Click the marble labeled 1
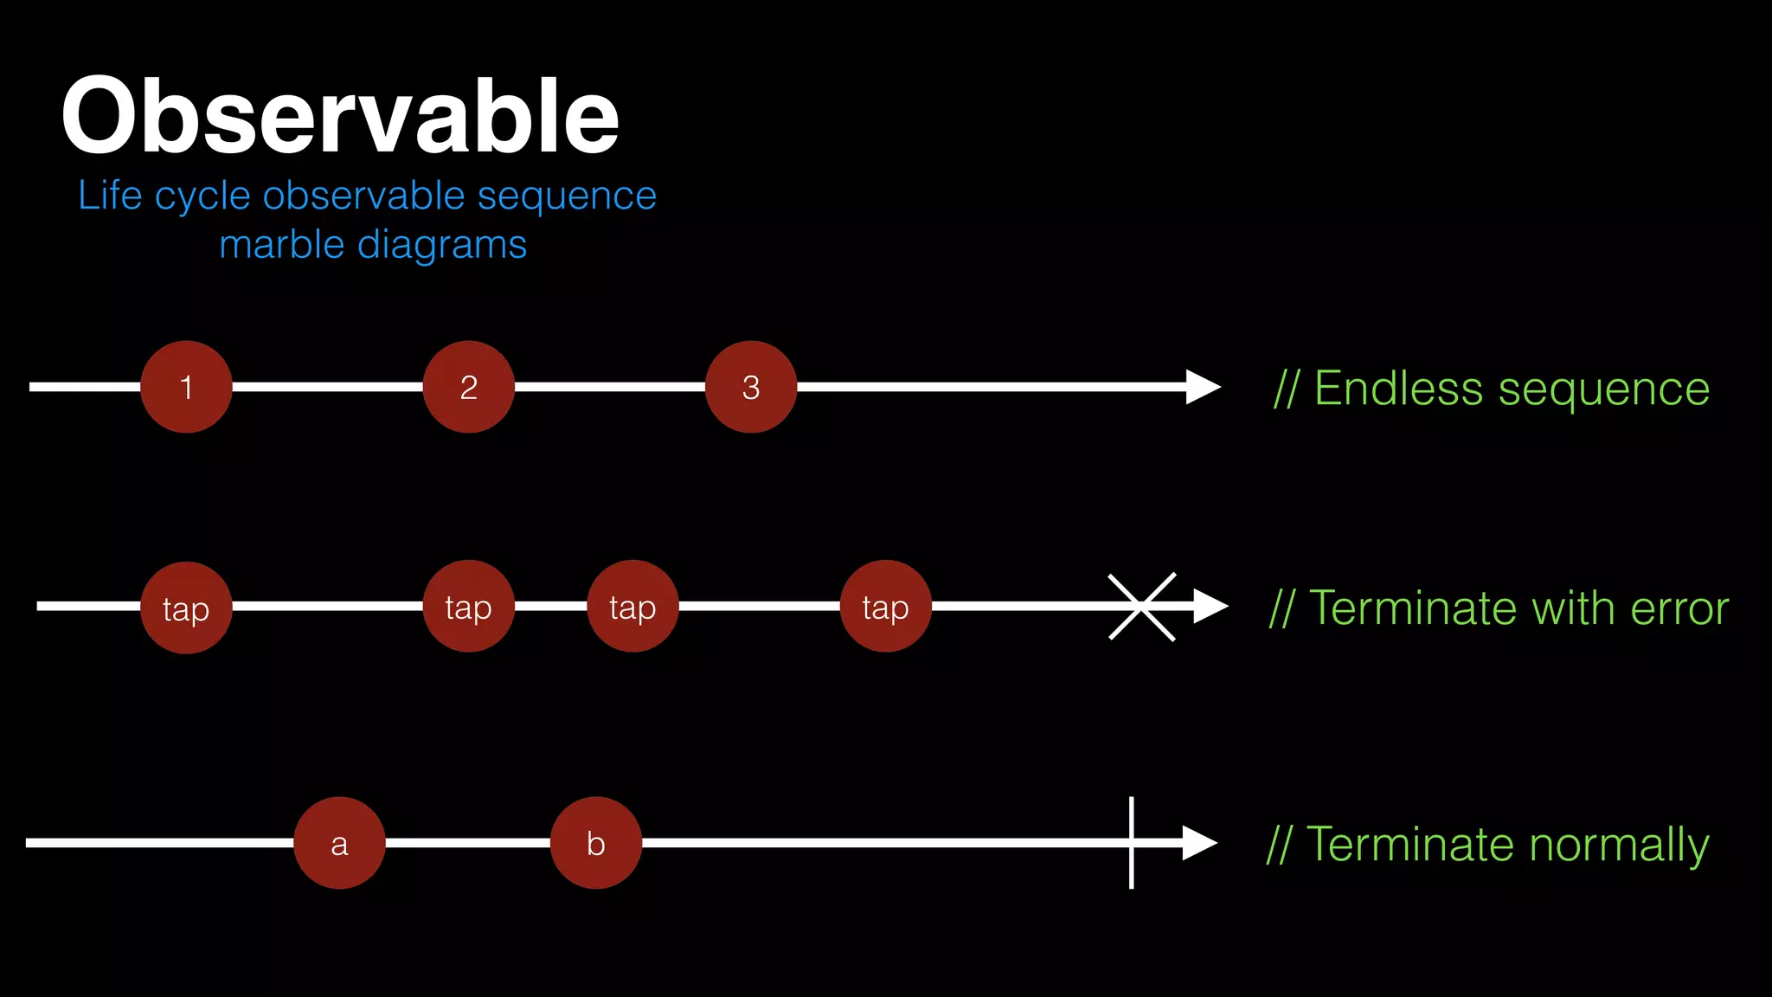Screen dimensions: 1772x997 point(186,387)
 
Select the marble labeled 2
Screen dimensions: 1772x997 point(468,387)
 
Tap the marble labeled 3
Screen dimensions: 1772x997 point(751,387)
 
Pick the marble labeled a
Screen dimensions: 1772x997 point(339,843)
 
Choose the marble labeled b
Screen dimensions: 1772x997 point(596,843)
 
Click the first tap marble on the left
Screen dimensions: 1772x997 point(186,608)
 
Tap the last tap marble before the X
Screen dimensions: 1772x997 point(885,607)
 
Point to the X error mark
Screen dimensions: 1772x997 point(1141,607)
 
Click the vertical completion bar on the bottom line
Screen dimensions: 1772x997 point(1132,843)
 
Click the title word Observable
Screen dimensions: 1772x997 point(340,116)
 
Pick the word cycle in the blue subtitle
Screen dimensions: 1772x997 point(203,196)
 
